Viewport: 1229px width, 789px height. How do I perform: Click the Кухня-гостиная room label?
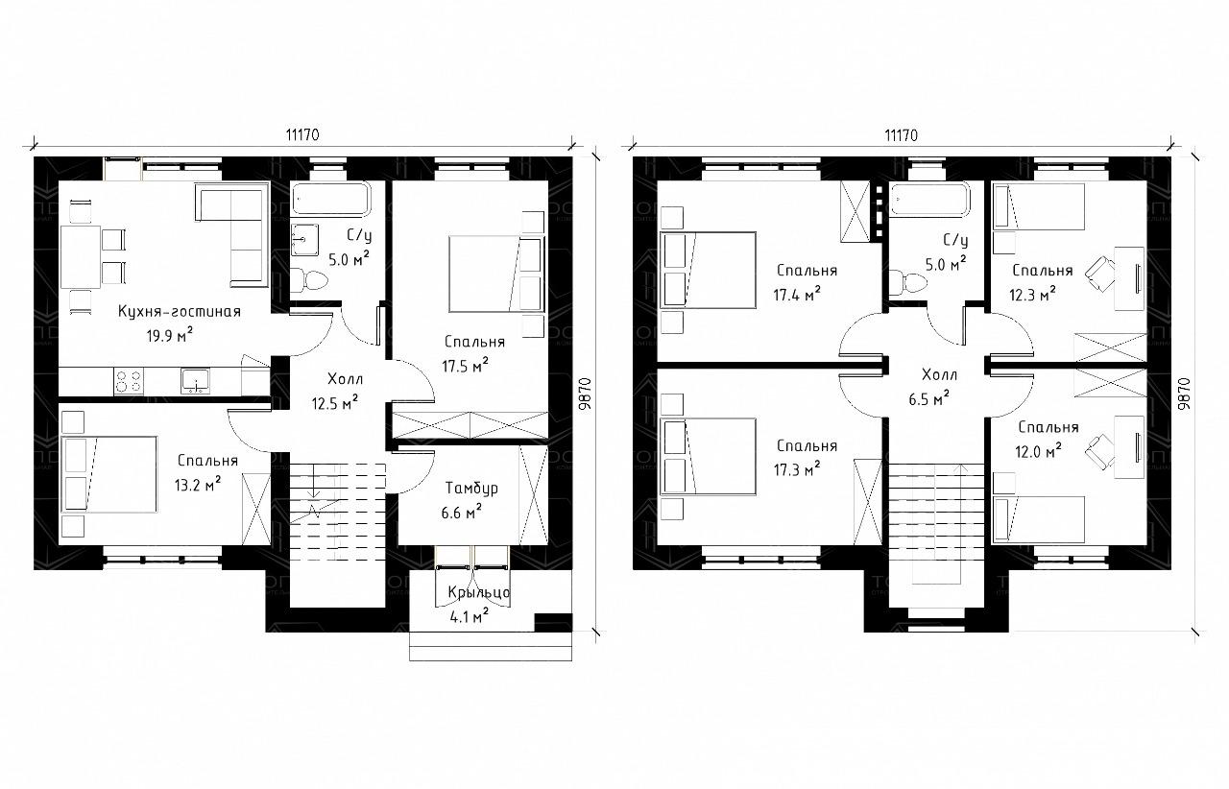[x=180, y=312]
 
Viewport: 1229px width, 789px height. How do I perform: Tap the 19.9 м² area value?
[x=170, y=335]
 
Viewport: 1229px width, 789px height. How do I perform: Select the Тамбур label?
[x=471, y=488]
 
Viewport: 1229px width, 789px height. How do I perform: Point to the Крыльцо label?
[x=479, y=592]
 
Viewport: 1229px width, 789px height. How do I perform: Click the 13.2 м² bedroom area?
[x=198, y=485]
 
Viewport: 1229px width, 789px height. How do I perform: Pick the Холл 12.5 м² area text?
[x=335, y=403]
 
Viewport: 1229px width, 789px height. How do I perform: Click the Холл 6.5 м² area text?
[x=928, y=398]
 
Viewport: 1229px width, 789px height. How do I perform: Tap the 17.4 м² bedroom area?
[x=797, y=295]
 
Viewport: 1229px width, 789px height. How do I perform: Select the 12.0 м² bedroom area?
[x=1038, y=451]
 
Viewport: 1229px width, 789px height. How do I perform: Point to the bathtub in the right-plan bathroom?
[x=930, y=199]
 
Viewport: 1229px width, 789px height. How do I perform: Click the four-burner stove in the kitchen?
[x=129, y=381]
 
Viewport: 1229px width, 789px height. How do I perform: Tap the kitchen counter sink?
[x=195, y=381]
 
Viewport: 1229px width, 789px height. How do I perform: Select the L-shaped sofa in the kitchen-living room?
[x=230, y=235]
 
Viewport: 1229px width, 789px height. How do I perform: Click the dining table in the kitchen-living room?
[x=80, y=257]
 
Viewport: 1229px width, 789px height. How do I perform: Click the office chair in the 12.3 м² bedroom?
[x=1100, y=274]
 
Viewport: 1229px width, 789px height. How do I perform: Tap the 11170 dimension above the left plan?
[x=302, y=135]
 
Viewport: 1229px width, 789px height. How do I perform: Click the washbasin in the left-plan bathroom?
[x=304, y=240]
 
